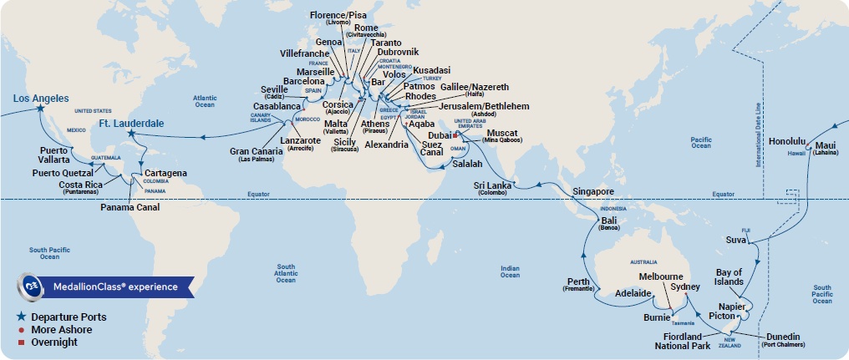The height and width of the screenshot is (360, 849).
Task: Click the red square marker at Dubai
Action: pyautogui.click(x=455, y=134)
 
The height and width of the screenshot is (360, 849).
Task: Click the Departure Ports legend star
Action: pyautogui.click(x=20, y=317)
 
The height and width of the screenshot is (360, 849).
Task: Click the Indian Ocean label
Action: pyautogui.click(x=509, y=271)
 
